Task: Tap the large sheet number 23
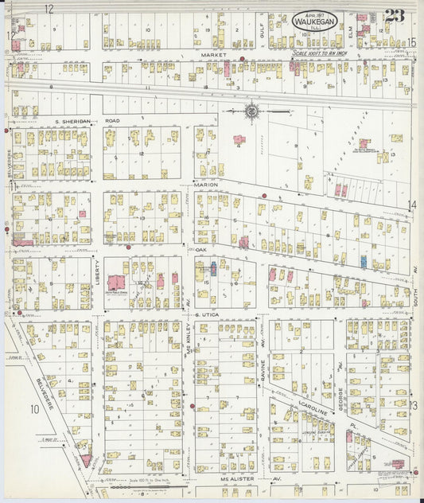(394, 16)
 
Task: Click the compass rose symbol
(252, 111)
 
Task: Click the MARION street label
(205, 184)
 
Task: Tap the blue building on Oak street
(364, 261)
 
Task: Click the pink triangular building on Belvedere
(84, 460)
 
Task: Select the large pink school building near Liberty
(116, 283)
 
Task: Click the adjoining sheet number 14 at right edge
(412, 205)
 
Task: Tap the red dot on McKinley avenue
(193, 406)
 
